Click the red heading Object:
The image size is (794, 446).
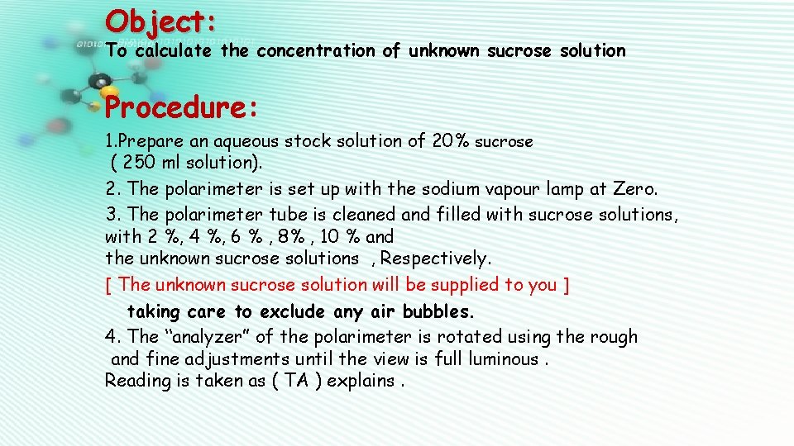coord(162,19)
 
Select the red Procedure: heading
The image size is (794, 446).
coord(183,107)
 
